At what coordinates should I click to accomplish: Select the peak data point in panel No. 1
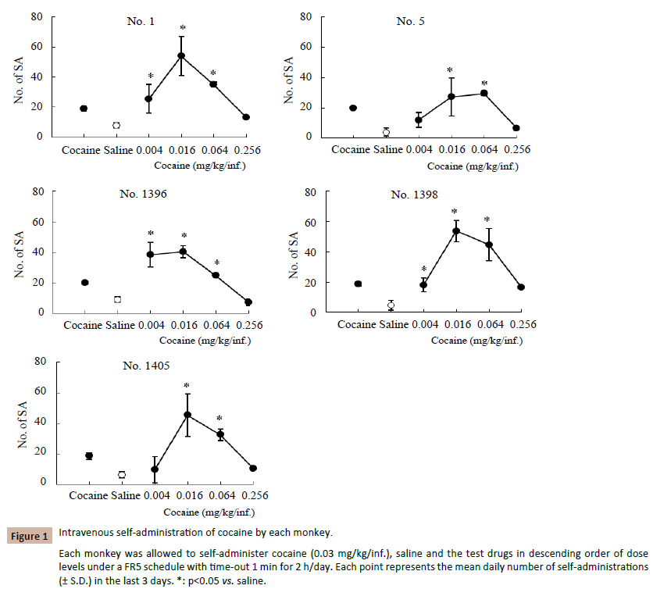(181, 55)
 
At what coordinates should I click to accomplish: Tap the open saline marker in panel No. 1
(116, 125)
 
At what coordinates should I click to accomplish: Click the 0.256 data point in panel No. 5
(516, 127)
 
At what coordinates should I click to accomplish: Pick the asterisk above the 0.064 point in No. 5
(484, 84)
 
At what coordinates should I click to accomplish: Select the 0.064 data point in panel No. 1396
(216, 275)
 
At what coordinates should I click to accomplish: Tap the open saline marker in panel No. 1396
(117, 299)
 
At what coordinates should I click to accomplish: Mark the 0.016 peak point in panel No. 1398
(455, 230)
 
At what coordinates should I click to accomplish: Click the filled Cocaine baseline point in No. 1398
(358, 284)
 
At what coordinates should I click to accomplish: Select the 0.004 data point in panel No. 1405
(155, 469)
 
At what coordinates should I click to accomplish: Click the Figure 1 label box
(30, 536)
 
